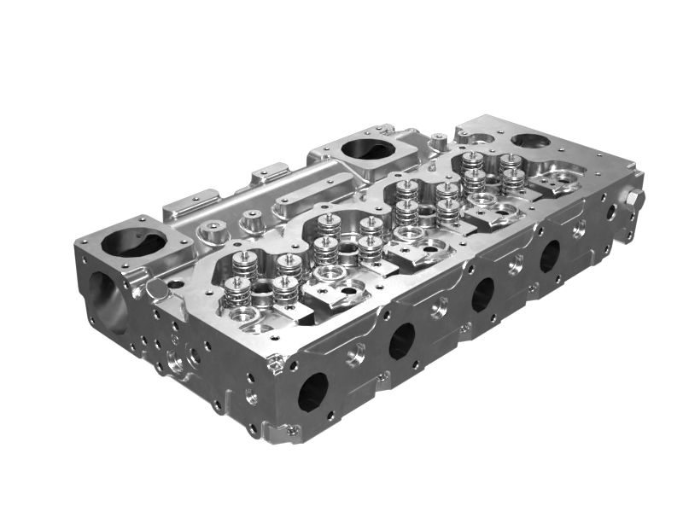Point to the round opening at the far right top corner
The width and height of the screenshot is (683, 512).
point(530,140)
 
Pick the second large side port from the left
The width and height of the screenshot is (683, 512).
point(401,340)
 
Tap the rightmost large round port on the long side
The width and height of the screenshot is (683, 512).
point(549,255)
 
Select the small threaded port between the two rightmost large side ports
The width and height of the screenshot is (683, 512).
point(516,267)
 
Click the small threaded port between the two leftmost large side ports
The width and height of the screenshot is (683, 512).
point(358,351)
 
